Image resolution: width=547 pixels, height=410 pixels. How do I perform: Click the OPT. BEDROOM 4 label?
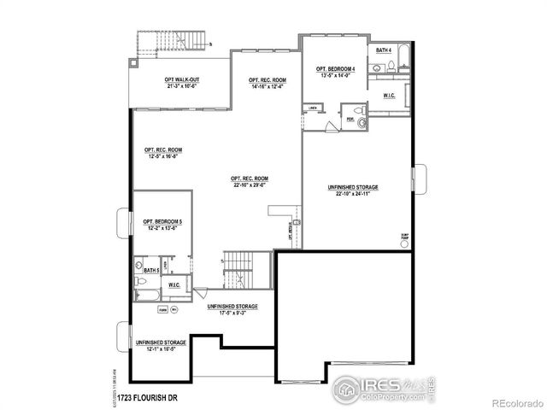pos(335,69)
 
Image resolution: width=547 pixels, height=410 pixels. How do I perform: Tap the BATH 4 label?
pos(385,50)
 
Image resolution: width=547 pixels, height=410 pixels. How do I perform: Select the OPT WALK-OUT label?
pos(181,79)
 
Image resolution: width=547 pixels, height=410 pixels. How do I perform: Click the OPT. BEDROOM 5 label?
pos(162,222)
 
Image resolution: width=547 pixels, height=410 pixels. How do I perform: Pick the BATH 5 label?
pos(151,271)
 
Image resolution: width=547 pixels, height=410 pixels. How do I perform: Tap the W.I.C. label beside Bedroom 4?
pos(389,96)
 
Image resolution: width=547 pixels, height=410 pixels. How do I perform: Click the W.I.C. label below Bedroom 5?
pos(174,284)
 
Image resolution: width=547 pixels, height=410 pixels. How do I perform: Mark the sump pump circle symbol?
pos(404,243)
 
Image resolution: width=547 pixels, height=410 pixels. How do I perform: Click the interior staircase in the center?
pos(237,270)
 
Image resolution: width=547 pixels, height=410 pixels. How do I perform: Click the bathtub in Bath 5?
pos(146,295)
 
